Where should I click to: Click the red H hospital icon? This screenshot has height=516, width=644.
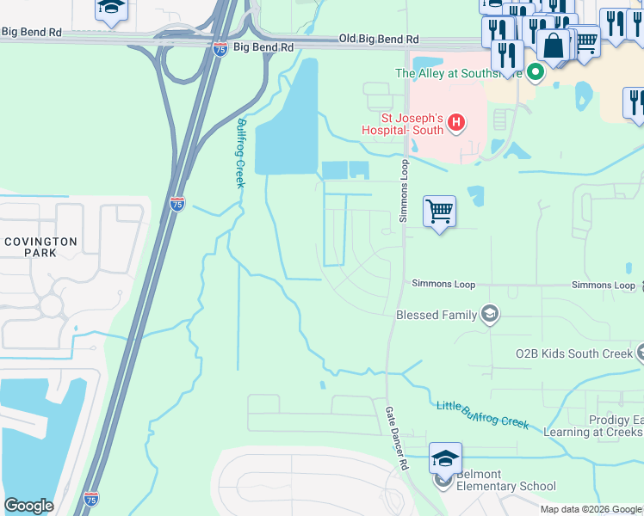pos(456,124)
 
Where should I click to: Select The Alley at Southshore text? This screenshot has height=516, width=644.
pos(459,73)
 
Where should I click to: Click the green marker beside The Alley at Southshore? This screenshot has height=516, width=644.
pos(535,72)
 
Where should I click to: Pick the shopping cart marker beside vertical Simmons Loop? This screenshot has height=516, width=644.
pos(439,211)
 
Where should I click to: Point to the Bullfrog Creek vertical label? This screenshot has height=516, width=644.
pos(241,153)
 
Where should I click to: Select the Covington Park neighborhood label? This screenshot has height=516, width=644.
pos(40,248)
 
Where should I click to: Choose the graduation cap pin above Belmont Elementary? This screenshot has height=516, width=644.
pos(445,458)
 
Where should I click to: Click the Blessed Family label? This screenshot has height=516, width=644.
pos(436,315)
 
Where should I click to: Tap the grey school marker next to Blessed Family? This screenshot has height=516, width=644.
pos(490,314)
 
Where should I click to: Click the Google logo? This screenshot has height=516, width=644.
pos(28,506)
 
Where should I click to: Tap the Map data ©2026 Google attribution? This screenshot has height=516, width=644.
pos(591,509)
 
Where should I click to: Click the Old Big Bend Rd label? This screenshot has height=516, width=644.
pos(379,40)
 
